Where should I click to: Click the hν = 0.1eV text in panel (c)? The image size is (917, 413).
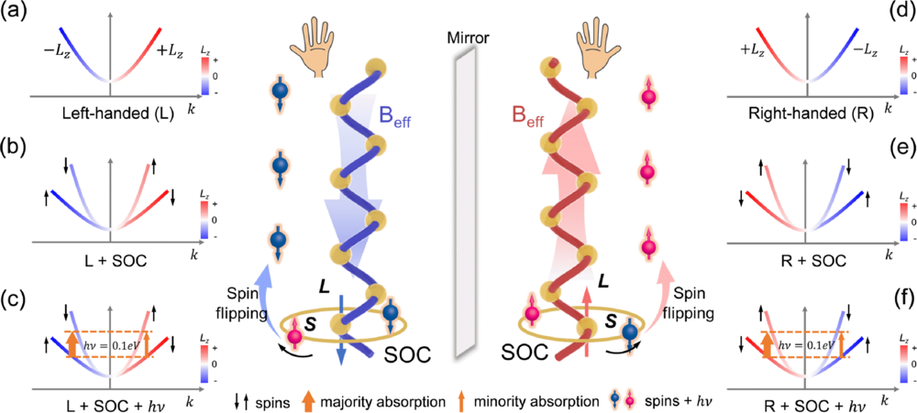click(123, 346)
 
